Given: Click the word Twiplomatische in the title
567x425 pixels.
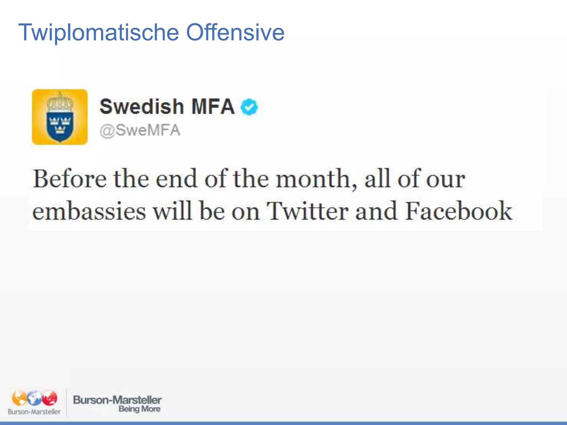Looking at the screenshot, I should (x=99, y=33).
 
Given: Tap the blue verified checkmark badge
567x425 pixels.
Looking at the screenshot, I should (x=249, y=107).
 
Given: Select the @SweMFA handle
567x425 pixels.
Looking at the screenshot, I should (x=140, y=130).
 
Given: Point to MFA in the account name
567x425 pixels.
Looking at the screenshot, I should (x=213, y=107).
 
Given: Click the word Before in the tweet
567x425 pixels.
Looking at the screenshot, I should (x=69, y=179).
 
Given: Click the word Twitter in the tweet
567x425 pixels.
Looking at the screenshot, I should (x=307, y=211).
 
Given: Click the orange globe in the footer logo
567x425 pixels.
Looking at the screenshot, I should (x=19, y=398).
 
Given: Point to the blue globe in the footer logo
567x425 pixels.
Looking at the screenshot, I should (x=34, y=398).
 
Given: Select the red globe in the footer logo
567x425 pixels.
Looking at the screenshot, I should (x=50, y=398).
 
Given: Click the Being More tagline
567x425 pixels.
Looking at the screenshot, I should (x=139, y=409).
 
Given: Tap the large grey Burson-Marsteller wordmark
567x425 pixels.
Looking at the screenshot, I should (x=117, y=400).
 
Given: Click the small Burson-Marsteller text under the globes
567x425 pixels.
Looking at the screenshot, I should (x=34, y=412).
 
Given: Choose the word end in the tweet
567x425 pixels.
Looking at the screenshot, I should (x=176, y=179).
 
